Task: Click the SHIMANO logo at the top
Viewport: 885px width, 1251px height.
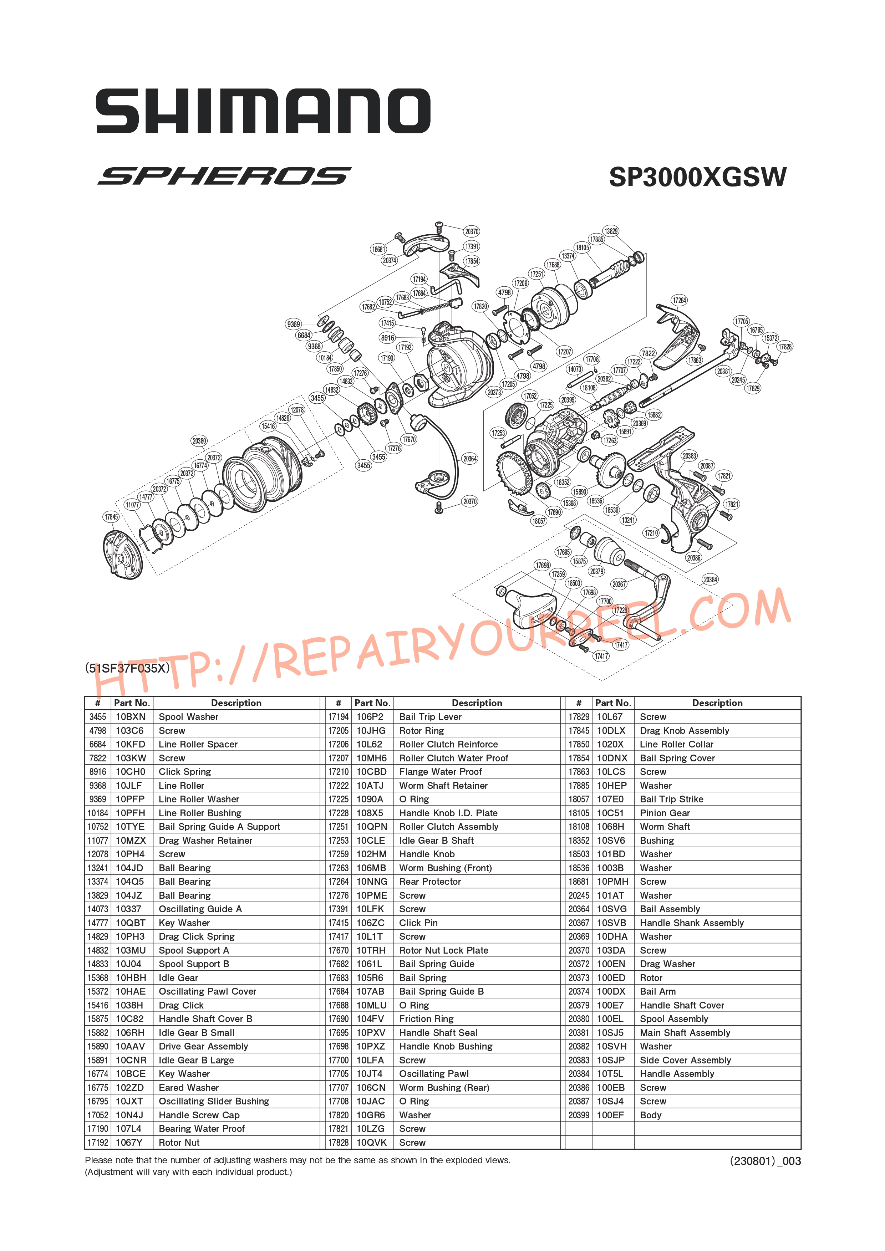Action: (x=263, y=112)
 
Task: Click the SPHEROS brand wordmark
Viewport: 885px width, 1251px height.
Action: (x=224, y=176)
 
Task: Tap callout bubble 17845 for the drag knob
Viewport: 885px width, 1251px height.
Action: (x=111, y=516)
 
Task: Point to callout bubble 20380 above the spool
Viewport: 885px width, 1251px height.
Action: (x=199, y=441)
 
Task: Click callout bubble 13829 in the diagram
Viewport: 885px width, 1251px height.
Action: (x=611, y=231)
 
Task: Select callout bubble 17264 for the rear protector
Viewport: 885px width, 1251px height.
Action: (x=679, y=300)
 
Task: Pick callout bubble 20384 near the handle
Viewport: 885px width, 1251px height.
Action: (x=710, y=580)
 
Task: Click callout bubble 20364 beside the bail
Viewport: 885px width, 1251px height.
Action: (x=470, y=459)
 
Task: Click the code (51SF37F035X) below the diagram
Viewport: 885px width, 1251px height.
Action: (x=127, y=668)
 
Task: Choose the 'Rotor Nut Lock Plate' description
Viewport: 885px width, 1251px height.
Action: (x=444, y=950)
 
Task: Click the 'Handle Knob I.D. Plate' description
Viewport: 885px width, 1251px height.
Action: (x=448, y=813)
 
